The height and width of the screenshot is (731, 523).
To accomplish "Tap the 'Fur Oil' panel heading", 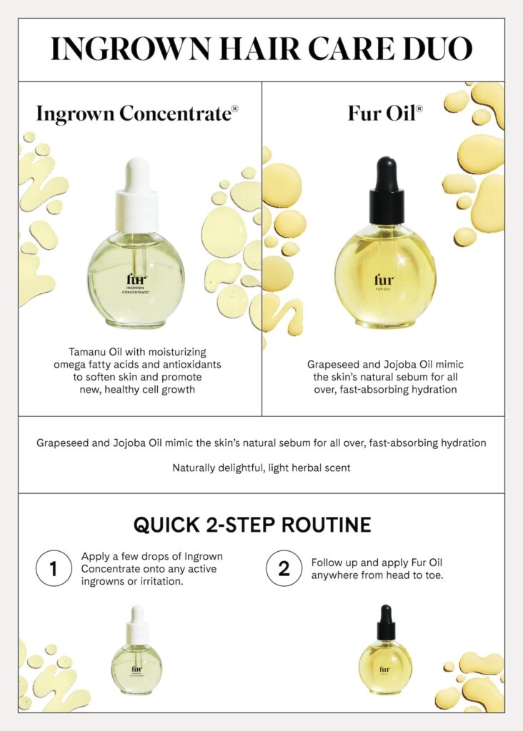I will [382, 114].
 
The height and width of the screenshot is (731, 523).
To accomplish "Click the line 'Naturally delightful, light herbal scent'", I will [261, 468].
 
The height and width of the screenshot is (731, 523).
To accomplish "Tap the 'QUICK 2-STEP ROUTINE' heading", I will [252, 525].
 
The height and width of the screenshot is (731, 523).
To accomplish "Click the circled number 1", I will [54, 569].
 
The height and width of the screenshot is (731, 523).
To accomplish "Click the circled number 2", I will [284, 569].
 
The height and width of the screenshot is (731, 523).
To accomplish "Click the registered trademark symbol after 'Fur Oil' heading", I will [419, 109].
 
